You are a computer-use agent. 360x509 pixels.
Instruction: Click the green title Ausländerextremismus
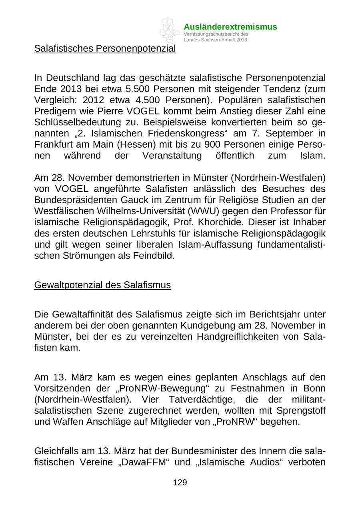230,27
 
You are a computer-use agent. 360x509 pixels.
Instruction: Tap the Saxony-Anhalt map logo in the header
170,30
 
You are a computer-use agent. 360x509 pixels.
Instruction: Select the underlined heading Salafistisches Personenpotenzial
105,49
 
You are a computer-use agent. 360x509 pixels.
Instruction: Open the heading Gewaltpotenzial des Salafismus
102,285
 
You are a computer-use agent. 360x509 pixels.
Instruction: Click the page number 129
180,483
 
